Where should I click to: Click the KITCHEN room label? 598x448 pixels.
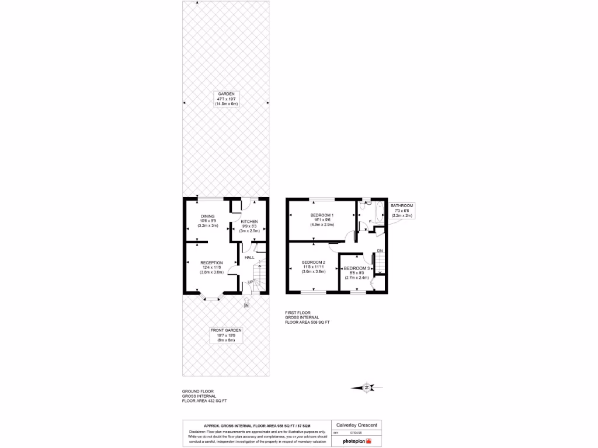click(249, 222)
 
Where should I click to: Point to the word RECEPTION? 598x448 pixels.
click(211, 262)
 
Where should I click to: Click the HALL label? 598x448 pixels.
click(249, 257)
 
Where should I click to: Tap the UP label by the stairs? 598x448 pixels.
click(251, 282)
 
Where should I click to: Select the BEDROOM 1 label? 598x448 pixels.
click(322, 215)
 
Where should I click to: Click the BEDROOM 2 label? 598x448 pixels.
click(313, 262)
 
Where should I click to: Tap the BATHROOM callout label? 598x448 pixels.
click(402, 206)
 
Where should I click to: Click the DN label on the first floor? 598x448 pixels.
click(379, 251)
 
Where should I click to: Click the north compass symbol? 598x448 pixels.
click(366, 387)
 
